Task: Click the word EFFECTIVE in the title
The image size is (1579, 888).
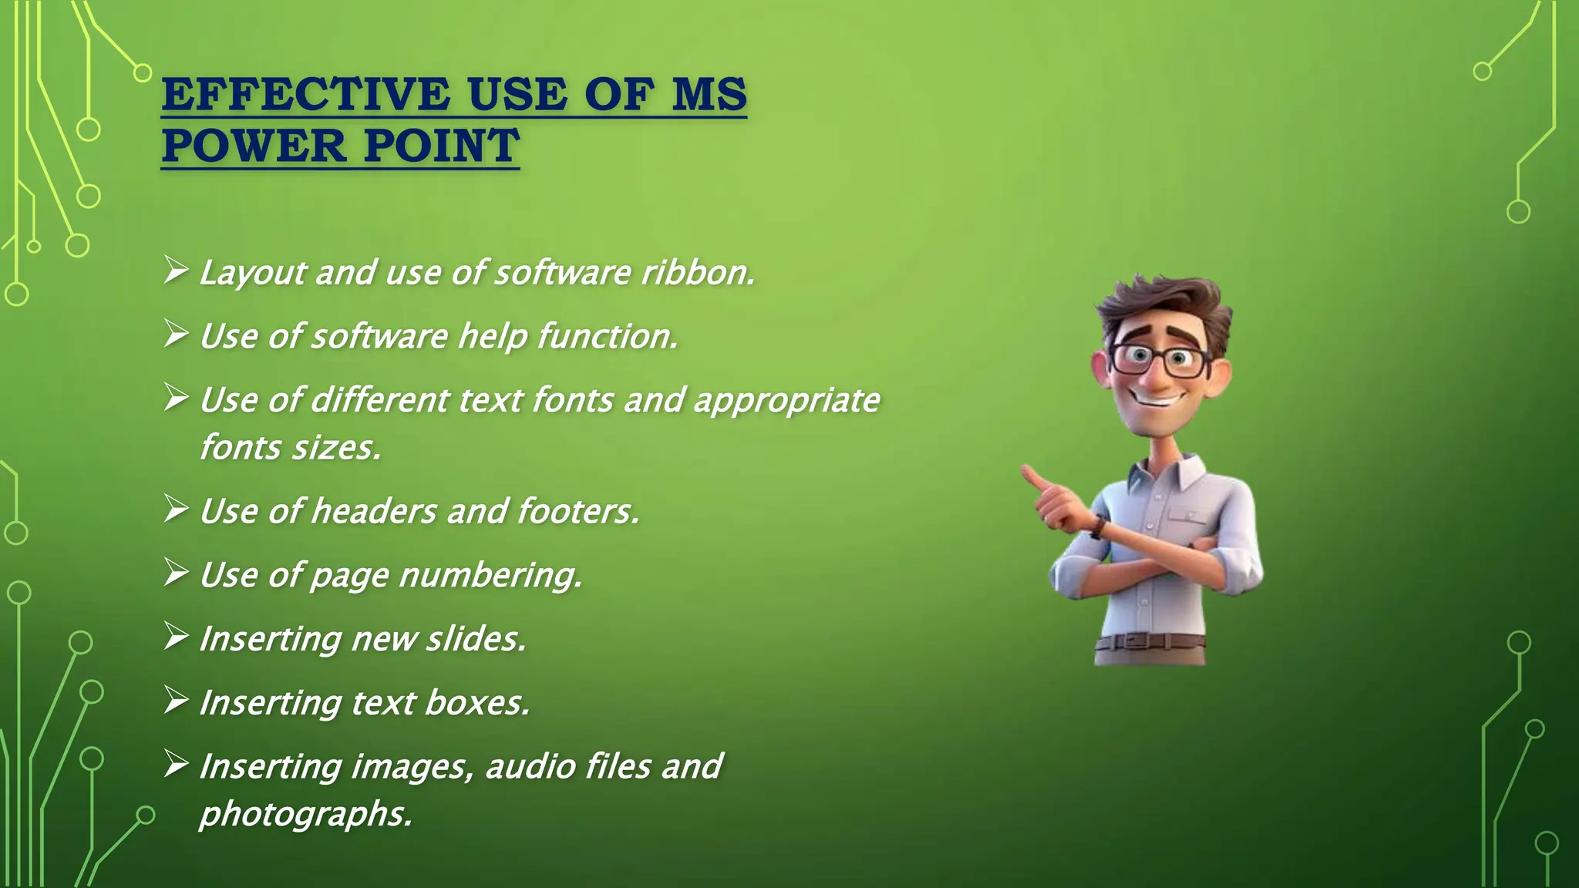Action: pos(305,95)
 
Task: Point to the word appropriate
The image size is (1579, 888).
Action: pos(786,401)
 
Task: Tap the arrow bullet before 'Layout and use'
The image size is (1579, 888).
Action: pos(176,271)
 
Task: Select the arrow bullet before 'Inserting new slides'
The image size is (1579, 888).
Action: pos(176,637)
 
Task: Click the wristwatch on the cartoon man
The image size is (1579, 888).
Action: pos(1098,526)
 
